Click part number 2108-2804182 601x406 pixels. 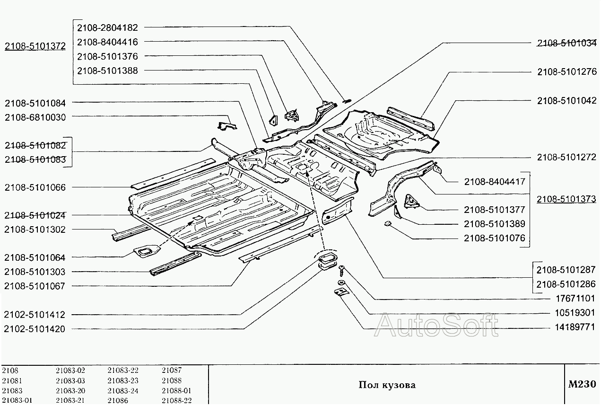click(x=107, y=28)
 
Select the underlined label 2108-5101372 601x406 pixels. click(x=35, y=46)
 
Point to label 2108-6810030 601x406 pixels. click(x=35, y=117)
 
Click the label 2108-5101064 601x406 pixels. click(x=35, y=257)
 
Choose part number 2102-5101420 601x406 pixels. click(x=35, y=329)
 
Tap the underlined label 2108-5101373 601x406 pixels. click(x=566, y=199)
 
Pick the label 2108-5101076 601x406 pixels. click(x=495, y=238)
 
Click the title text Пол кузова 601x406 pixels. click(x=387, y=385)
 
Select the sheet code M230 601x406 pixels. click(x=582, y=384)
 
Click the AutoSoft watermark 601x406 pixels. click(x=436, y=325)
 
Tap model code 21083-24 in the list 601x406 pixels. click(x=123, y=391)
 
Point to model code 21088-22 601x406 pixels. click(x=176, y=401)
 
